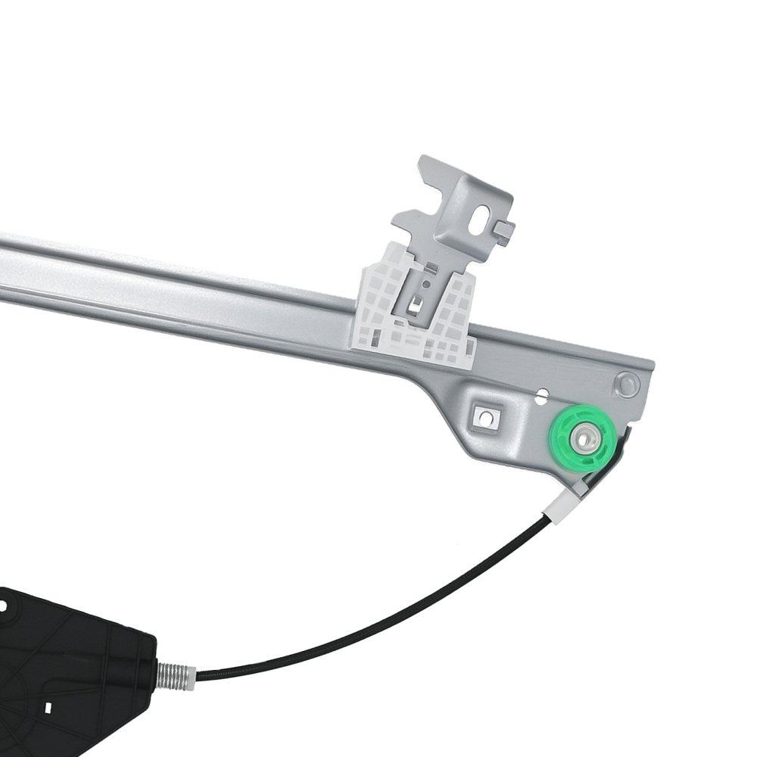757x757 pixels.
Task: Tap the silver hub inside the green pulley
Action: tap(584, 439)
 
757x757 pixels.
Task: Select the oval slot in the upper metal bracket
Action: tap(481, 219)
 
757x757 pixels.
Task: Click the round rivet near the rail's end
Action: tap(626, 383)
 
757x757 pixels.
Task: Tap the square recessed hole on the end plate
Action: tap(481, 416)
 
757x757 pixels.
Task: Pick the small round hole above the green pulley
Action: tap(542, 394)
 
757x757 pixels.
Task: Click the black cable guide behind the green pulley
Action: tap(617, 454)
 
